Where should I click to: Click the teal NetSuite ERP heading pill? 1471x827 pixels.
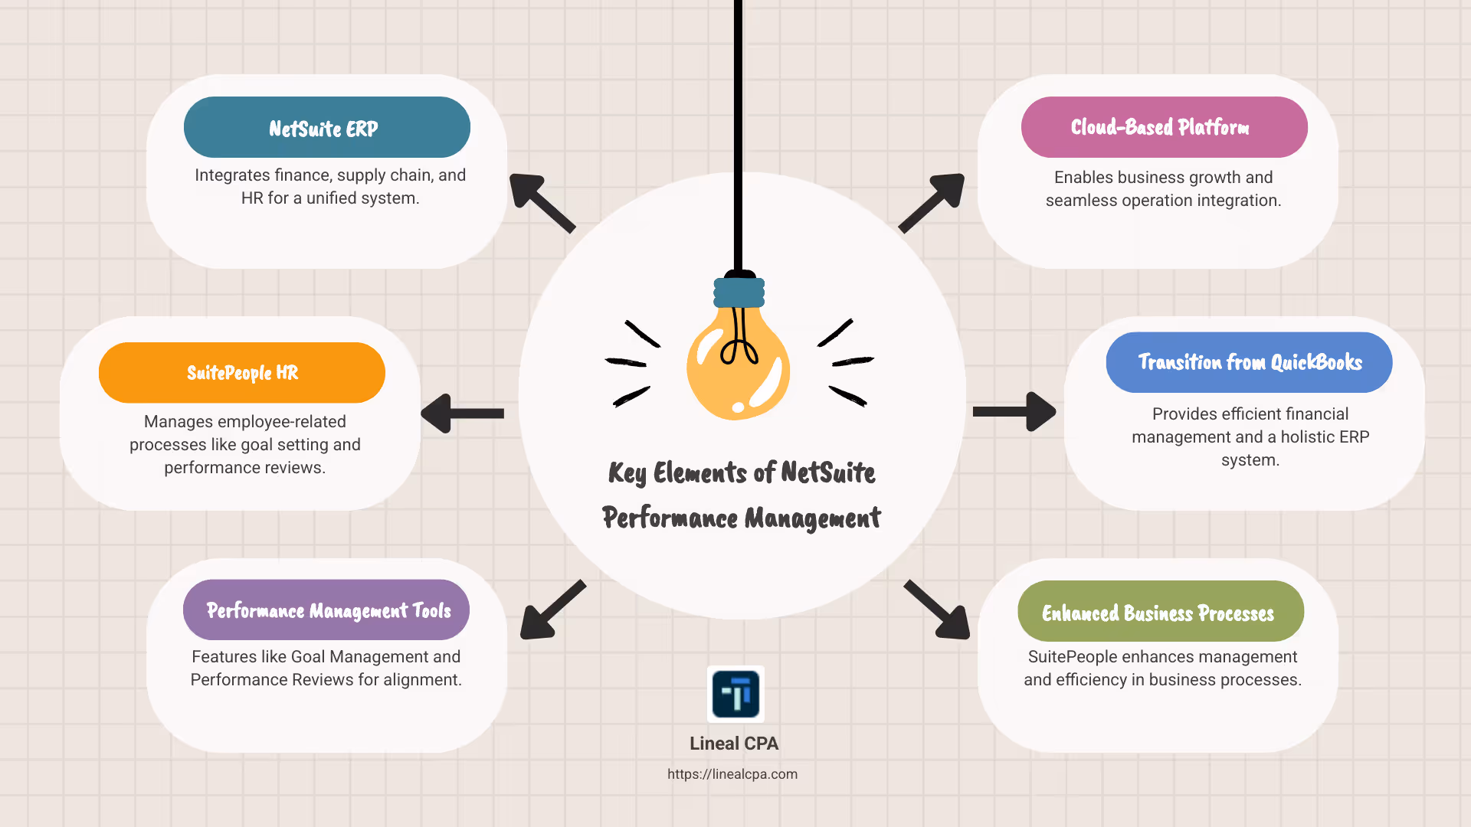point(326,127)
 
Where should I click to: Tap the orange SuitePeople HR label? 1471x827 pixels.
point(242,373)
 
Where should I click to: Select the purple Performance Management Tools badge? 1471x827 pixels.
point(326,610)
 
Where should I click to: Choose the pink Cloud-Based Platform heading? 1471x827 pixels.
point(1164,127)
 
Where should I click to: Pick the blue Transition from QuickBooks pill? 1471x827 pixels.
point(1249,362)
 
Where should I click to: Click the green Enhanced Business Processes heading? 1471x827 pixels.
point(1160,612)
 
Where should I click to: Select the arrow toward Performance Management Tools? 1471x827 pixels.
point(552,610)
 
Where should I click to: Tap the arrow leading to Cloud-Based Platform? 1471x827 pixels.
point(932,202)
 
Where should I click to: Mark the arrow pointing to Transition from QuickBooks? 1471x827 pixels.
point(1014,412)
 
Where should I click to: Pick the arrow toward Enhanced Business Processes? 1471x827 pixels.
point(938,610)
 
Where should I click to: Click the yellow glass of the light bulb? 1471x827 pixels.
point(737,375)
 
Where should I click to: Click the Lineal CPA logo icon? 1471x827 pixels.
point(735,694)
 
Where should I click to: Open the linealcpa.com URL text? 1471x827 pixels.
point(732,774)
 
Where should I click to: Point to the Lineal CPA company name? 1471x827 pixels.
point(734,744)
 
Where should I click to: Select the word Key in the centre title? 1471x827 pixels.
point(627,473)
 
